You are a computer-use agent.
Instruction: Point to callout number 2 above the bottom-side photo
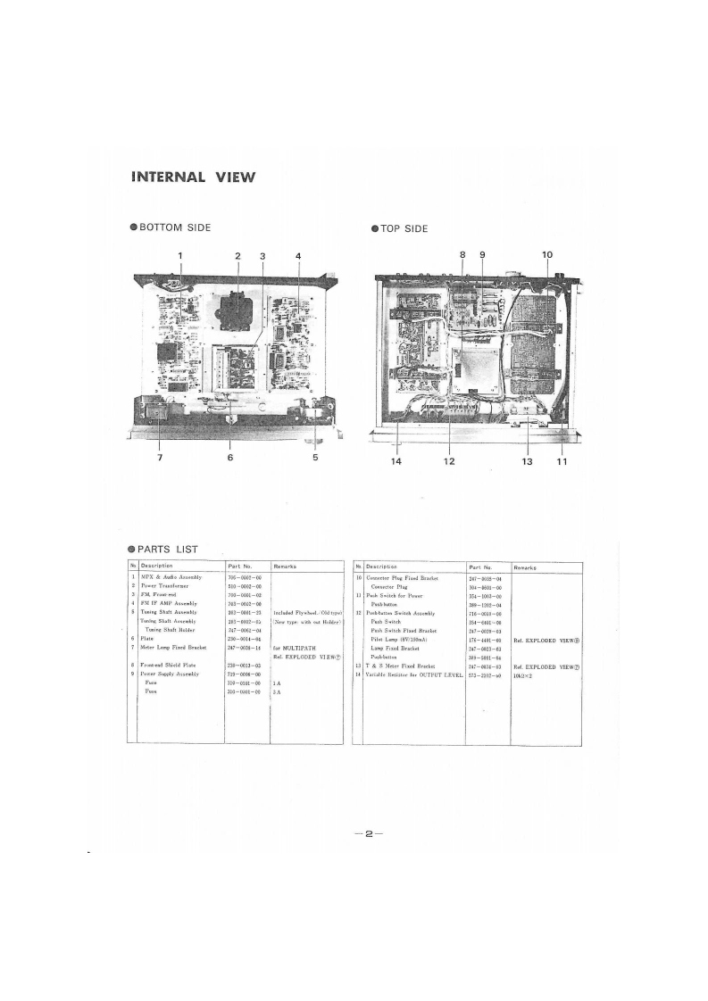pos(238,256)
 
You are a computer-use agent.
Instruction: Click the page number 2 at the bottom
pos(367,834)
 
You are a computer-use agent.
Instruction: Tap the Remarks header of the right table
pos(525,567)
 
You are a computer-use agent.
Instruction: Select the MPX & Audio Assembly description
pos(171,577)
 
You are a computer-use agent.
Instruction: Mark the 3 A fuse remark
pos(278,691)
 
